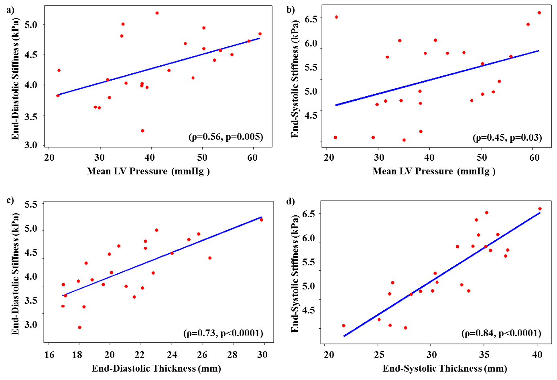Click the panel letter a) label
(10, 10)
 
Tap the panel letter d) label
(291, 201)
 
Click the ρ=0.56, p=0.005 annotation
(226, 137)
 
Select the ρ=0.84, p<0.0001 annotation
(501, 334)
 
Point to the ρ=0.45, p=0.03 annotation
(507, 138)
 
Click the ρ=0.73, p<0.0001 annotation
(223, 334)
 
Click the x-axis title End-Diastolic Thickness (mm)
(156, 368)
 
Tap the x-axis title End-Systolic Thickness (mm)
(445, 368)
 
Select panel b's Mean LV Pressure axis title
(434, 172)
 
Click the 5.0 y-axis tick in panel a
(31, 25)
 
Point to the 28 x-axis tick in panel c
(232, 355)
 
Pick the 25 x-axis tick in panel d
(379, 355)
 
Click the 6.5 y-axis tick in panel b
(311, 19)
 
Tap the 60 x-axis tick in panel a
(252, 158)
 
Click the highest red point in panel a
(157, 13)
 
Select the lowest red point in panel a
(142, 131)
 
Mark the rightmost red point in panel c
(261, 220)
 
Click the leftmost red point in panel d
(344, 325)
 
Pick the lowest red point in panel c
(79, 327)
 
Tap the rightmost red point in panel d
(540, 209)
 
